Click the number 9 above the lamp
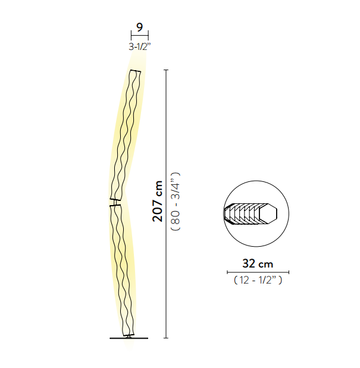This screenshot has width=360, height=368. point(139,27)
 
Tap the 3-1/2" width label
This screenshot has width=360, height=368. point(139,47)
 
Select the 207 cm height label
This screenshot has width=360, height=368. point(158,201)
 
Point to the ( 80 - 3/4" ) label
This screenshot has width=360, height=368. point(176,202)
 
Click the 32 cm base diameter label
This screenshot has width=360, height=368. point(258,263)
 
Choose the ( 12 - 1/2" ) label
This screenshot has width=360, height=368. point(258,280)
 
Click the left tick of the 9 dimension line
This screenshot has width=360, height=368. point(132,36)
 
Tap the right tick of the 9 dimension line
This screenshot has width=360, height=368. point(148,36)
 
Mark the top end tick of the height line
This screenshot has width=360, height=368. point(166,70)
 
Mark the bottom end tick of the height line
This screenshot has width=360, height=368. point(166,338)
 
